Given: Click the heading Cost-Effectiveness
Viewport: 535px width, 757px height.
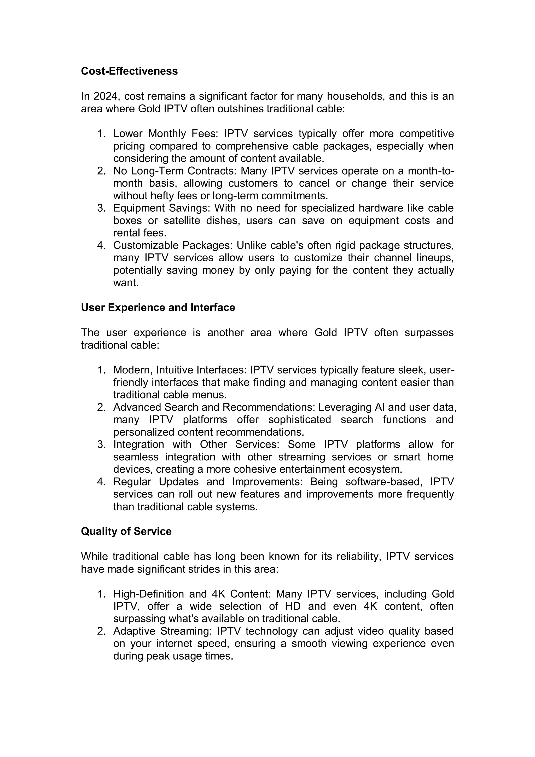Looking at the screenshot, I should (x=129, y=71).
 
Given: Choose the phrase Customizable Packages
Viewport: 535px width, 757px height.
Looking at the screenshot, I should (x=173, y=245).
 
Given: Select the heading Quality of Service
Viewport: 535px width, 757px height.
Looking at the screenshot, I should (x=126, y=531).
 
